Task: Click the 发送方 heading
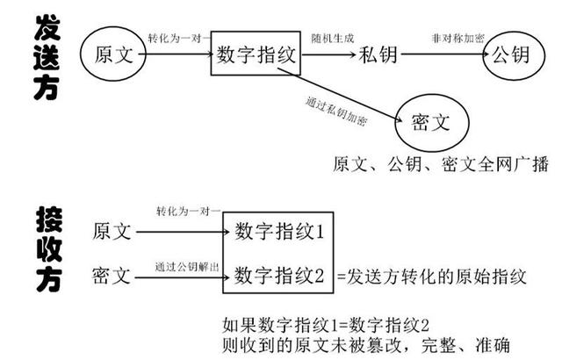click(x=47, y=57)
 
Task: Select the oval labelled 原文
click(x=113, y=54)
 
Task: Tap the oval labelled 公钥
click(x=514, y=54)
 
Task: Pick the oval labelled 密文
click(x=431, y=123)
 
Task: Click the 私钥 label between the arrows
click(x=378, y=55)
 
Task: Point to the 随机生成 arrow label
click(x=333, y=38)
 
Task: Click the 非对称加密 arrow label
click(x=458, y=38)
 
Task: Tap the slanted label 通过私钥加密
click(x=336, y=111)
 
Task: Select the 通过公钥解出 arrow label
click(x=187, y=267)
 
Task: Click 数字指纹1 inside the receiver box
click(x=279, y=231)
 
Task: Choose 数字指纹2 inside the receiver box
click(x=279, y=276)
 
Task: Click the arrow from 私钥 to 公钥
click(x=445, y=54)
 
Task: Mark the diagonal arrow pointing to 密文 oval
click(x=340, y=95)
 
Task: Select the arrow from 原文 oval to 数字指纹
click(x=177, y=54)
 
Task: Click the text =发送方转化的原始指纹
click(x=432, y=277)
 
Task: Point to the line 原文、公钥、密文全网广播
click(x=441, y=165)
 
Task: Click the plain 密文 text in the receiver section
click(x=112, y=276)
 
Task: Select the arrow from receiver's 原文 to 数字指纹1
click(x=183, y=232)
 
